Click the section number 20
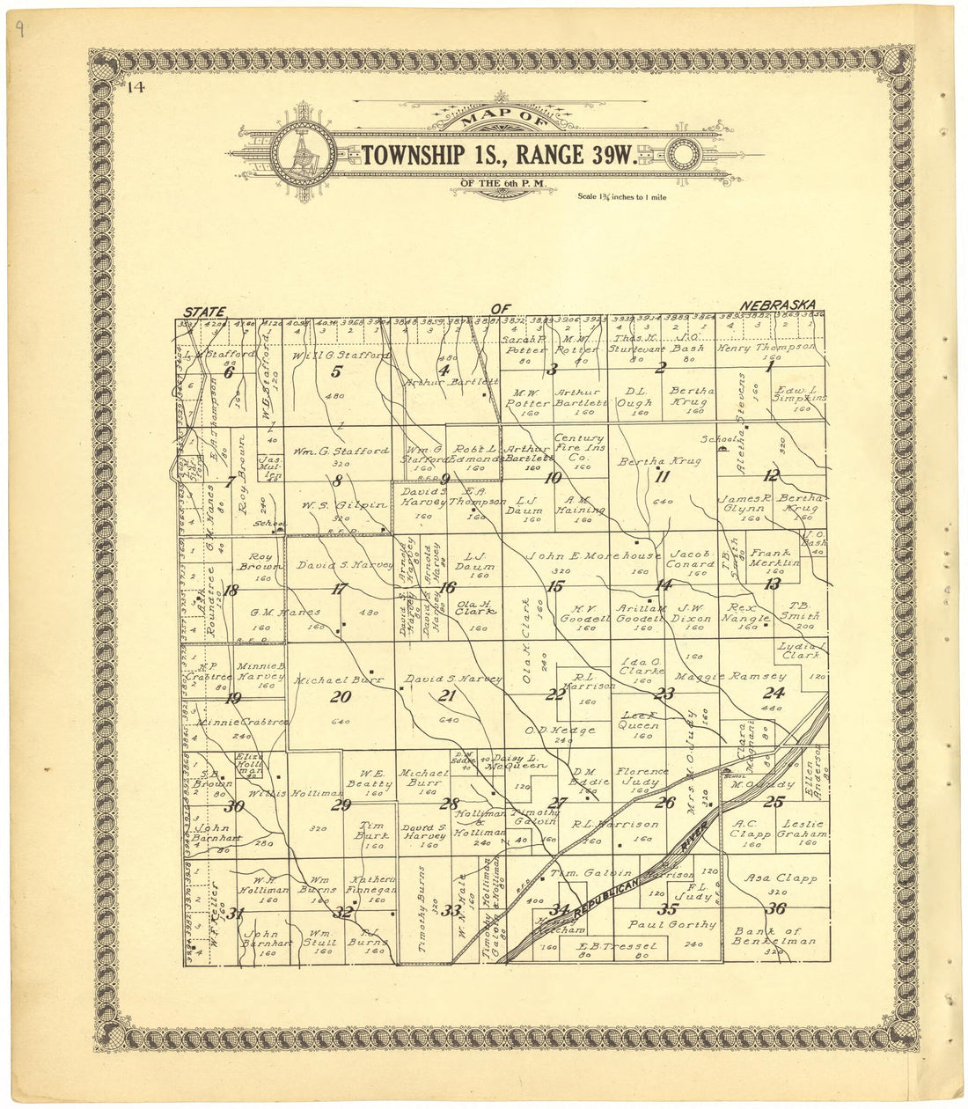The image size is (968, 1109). click(341, 697)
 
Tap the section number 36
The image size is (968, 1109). click(775, 909)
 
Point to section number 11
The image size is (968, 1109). click(663, 478)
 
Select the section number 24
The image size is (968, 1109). click(774, 693)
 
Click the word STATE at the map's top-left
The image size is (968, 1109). click(204, 312)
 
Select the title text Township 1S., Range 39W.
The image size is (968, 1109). click(498, 155)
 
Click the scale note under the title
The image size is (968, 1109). click(621, 197)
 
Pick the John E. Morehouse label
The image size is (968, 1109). click(593, 556)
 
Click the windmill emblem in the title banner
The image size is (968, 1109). click(302, 154)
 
